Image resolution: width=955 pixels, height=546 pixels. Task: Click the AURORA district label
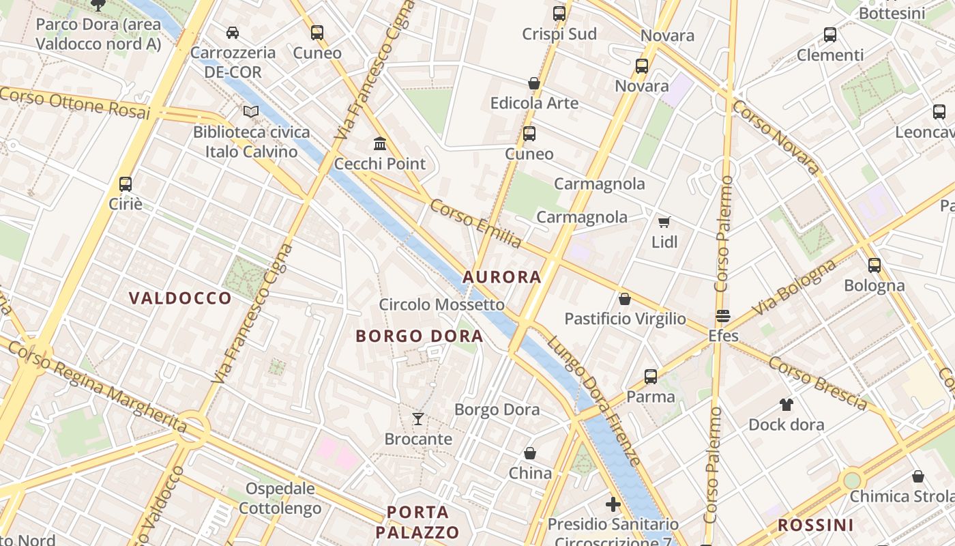tap(501, 276)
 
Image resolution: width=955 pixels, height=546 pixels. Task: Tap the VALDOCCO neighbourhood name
tap(180, 298)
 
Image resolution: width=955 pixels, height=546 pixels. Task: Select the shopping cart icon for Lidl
tap(664, 222)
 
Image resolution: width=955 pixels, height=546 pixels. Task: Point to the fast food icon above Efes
tap(723, 316)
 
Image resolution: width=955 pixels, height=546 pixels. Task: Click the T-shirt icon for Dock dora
tap(786, 404)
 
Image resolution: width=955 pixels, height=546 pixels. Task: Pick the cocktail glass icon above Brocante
tap(418, 418)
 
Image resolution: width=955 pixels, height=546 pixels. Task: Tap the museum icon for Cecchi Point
tap(380, 143)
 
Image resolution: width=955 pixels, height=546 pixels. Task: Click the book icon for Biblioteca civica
tap(251, 111)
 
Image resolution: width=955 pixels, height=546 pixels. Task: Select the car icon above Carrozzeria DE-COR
tap(233, 32)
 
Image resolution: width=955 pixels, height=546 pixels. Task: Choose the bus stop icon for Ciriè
tap(126, 184)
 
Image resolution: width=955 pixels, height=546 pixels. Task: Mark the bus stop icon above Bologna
tap(874, 265)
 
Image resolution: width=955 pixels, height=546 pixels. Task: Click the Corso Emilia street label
tap(476, 223)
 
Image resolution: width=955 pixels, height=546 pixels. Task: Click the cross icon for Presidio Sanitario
tap(613, 504)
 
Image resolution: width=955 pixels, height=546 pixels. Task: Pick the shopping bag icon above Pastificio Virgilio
tap(624, 298)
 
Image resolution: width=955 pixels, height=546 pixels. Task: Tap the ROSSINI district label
tap(815, 525)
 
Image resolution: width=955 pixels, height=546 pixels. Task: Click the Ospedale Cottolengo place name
tap(280, 498)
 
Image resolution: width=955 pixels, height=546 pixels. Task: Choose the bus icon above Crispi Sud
tap(559, 13)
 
